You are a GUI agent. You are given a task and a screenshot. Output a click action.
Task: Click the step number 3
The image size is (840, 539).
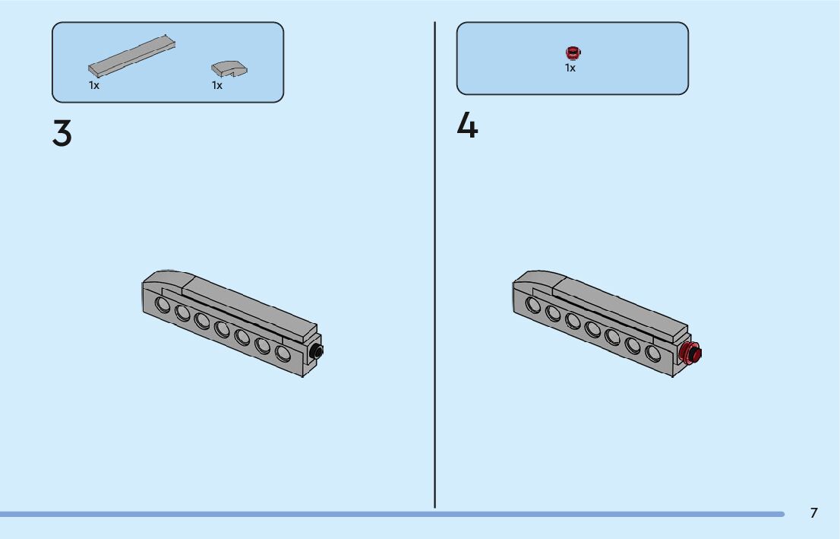tap(62, 134)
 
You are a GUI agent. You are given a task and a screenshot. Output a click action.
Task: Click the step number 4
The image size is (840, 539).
tap(467, 126)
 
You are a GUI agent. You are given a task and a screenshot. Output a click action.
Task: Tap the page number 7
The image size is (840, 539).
tap(813, 513)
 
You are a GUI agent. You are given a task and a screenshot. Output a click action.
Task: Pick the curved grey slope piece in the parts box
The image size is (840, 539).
tap(229, 68)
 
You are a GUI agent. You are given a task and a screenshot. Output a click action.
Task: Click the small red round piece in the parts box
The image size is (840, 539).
tap(573, 52)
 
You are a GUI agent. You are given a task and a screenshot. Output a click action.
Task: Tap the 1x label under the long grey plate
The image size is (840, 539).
tap(94, 86)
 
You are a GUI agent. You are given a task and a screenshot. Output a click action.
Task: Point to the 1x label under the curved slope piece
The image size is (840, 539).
tap(217, 86)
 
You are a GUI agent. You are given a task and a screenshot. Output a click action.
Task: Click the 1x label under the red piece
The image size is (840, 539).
tap(570, 68)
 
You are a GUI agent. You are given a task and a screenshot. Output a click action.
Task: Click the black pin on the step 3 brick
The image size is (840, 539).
tap(317, 350)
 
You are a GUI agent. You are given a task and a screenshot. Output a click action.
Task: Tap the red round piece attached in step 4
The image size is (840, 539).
tap(690, 354)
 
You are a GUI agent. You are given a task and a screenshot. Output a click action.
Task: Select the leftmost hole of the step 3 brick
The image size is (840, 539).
tap(163, 305)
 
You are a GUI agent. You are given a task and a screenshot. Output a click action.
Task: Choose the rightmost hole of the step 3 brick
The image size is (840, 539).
tap(283, 354)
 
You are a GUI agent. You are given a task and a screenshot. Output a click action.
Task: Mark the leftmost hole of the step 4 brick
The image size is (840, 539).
tap(533, 305)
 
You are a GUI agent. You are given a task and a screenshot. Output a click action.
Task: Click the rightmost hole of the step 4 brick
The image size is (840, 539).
tap(653, 354)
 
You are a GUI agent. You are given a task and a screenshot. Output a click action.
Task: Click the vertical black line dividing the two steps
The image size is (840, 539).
tap(435, 266)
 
